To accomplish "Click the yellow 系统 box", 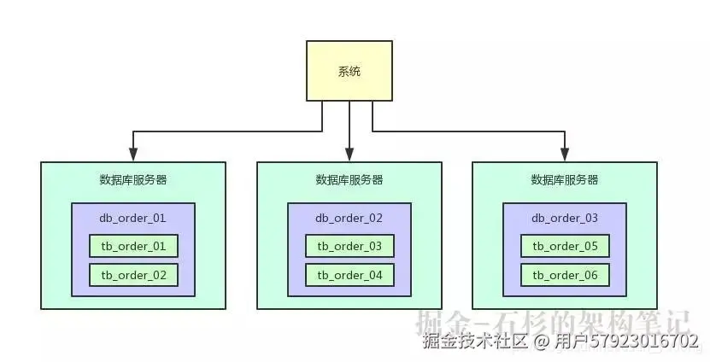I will pyautogui.click(x=349, y=72).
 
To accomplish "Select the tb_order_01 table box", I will pyautogui.click(x=133, y=247).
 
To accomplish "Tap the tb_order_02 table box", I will pyautogui.click(x=133, y=275).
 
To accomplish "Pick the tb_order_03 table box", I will pyautogui.click(x=349, y=247).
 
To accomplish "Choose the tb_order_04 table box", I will pyautogui.click(x=349, y=275).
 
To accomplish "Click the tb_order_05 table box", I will pyautogui.click(x=565, y=247).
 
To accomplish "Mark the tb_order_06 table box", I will pyautogui.click(x=565, y=275).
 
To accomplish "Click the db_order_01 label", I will pyautogui.click(x=133, y=218).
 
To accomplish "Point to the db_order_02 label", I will pyautogui.click(x=349, y=218).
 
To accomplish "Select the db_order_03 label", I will pyautogui.click(x=565, y=218).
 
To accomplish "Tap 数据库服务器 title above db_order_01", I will pyautogui.click(x=133, y=180).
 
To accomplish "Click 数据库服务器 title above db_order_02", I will pyautogui.click(x=349, y=180).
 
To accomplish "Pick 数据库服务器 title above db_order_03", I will pyautogui.click(x=565, y=180).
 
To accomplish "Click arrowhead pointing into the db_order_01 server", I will pyautogui.click(x=133, y=156).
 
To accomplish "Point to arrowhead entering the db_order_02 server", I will pyautogui.click(x=349, y=156).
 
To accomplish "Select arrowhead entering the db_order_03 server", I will pyautogui.click(x=565, y=156).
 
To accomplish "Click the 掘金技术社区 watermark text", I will pyautogui.click(x=474, y=342).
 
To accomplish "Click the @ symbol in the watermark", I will pyautogui.click(x=540, y=342).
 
